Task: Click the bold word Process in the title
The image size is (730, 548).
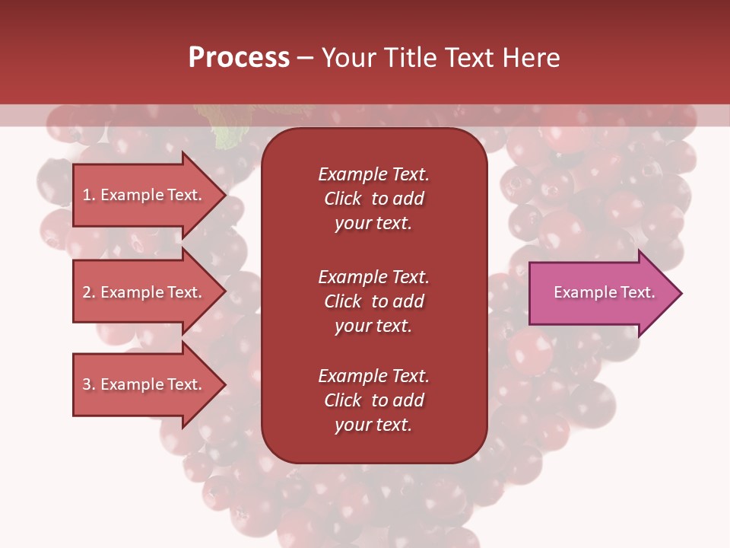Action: (x=239, y=58)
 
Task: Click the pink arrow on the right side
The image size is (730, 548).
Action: (x=601, y=293)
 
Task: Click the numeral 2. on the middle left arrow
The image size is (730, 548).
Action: (x=88, y=292)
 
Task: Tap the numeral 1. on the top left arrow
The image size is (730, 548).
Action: (x=88, y=195)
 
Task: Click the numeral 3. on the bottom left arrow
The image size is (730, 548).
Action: (x=88, y=384)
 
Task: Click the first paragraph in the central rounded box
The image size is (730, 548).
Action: (x=373, y=199)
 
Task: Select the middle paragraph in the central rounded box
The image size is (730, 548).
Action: (x=373, y=301)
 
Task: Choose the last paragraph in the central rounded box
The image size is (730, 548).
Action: (x=373, y=400)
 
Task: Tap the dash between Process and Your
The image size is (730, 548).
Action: (x=305, y=59)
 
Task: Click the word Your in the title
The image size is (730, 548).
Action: (x=347, y=58)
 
